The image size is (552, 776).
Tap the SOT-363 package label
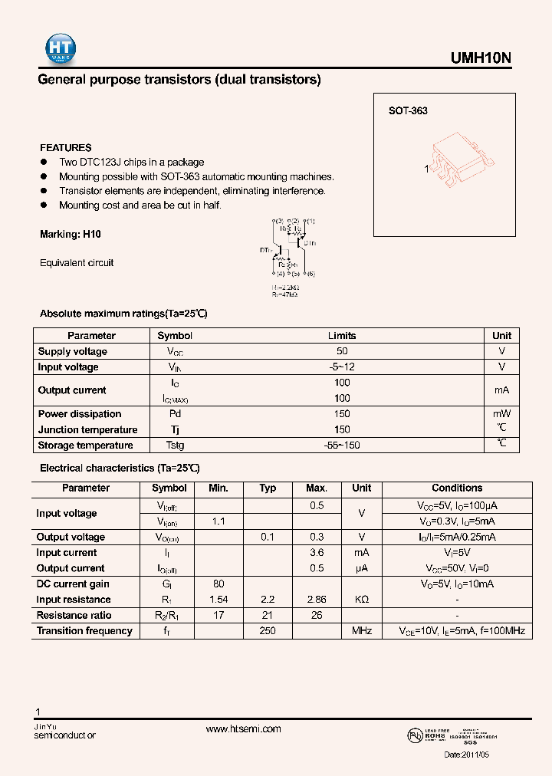pos(408,111)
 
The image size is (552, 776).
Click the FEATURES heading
pos(66,147)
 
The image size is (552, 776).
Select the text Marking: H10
pos(71,235)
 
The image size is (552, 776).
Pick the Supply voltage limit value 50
pos(342,351)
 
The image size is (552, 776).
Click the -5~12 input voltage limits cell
pos(342,367)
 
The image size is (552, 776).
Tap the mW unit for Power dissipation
pos(501,414)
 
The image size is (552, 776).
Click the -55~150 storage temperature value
pos(342,446)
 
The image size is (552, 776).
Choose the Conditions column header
pos(457,488)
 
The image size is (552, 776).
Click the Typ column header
pos(268,488)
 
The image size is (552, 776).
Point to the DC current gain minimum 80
pos(218,584)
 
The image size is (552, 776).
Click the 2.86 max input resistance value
pos(317,600)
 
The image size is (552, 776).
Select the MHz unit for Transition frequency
pos(362,631)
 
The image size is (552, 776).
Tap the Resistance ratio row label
pos(74,616)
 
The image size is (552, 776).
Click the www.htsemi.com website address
pos(244,729)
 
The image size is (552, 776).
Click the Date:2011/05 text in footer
pos(466,755)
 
